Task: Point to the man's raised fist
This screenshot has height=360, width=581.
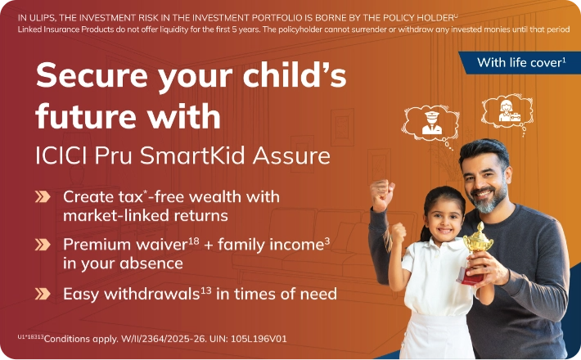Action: point(381,195)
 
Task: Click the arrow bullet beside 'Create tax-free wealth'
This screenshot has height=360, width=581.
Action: point(42,196)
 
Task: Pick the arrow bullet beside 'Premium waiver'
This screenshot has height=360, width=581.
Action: point(42,244)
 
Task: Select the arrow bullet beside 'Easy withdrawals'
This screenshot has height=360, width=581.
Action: point(42,292)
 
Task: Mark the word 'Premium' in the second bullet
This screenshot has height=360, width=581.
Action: point(97,244)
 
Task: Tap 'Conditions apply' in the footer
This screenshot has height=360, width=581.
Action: point(73,338)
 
